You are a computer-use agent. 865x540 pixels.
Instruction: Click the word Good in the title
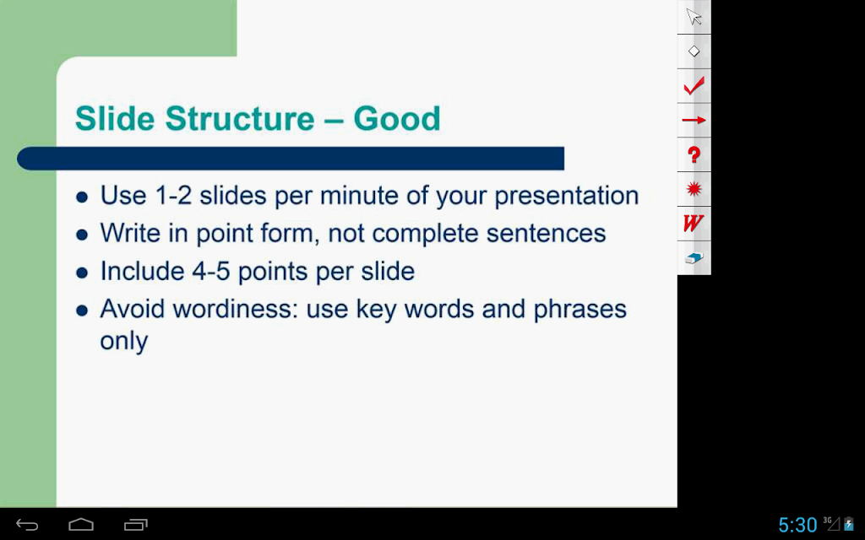(397, 118)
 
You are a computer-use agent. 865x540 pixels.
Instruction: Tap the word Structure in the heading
(239, 118)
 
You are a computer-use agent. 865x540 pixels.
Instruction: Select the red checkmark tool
(694, 86)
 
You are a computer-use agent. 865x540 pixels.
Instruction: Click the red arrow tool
(694, 120)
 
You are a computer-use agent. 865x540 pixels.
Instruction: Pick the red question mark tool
(694, 155)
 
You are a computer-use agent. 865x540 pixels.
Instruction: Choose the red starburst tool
(694, 189)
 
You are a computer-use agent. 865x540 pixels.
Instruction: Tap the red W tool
(694, 223)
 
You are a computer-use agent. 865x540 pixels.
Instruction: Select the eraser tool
(694, 258)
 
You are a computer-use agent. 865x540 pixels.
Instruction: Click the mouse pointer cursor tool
(694, 17)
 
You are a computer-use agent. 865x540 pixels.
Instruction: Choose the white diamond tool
(694, 51)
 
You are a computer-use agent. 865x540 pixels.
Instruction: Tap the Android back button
(27, 525)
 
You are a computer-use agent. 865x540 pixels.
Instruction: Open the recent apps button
(136, 525)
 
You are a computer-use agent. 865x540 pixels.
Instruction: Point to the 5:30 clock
(797, 525)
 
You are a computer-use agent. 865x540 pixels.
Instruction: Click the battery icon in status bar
(848, 524)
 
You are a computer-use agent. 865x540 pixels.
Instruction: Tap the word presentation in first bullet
(567, 196)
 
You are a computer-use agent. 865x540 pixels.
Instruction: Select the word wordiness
(236, 309)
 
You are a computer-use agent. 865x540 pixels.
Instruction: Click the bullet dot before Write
(82, 235)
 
